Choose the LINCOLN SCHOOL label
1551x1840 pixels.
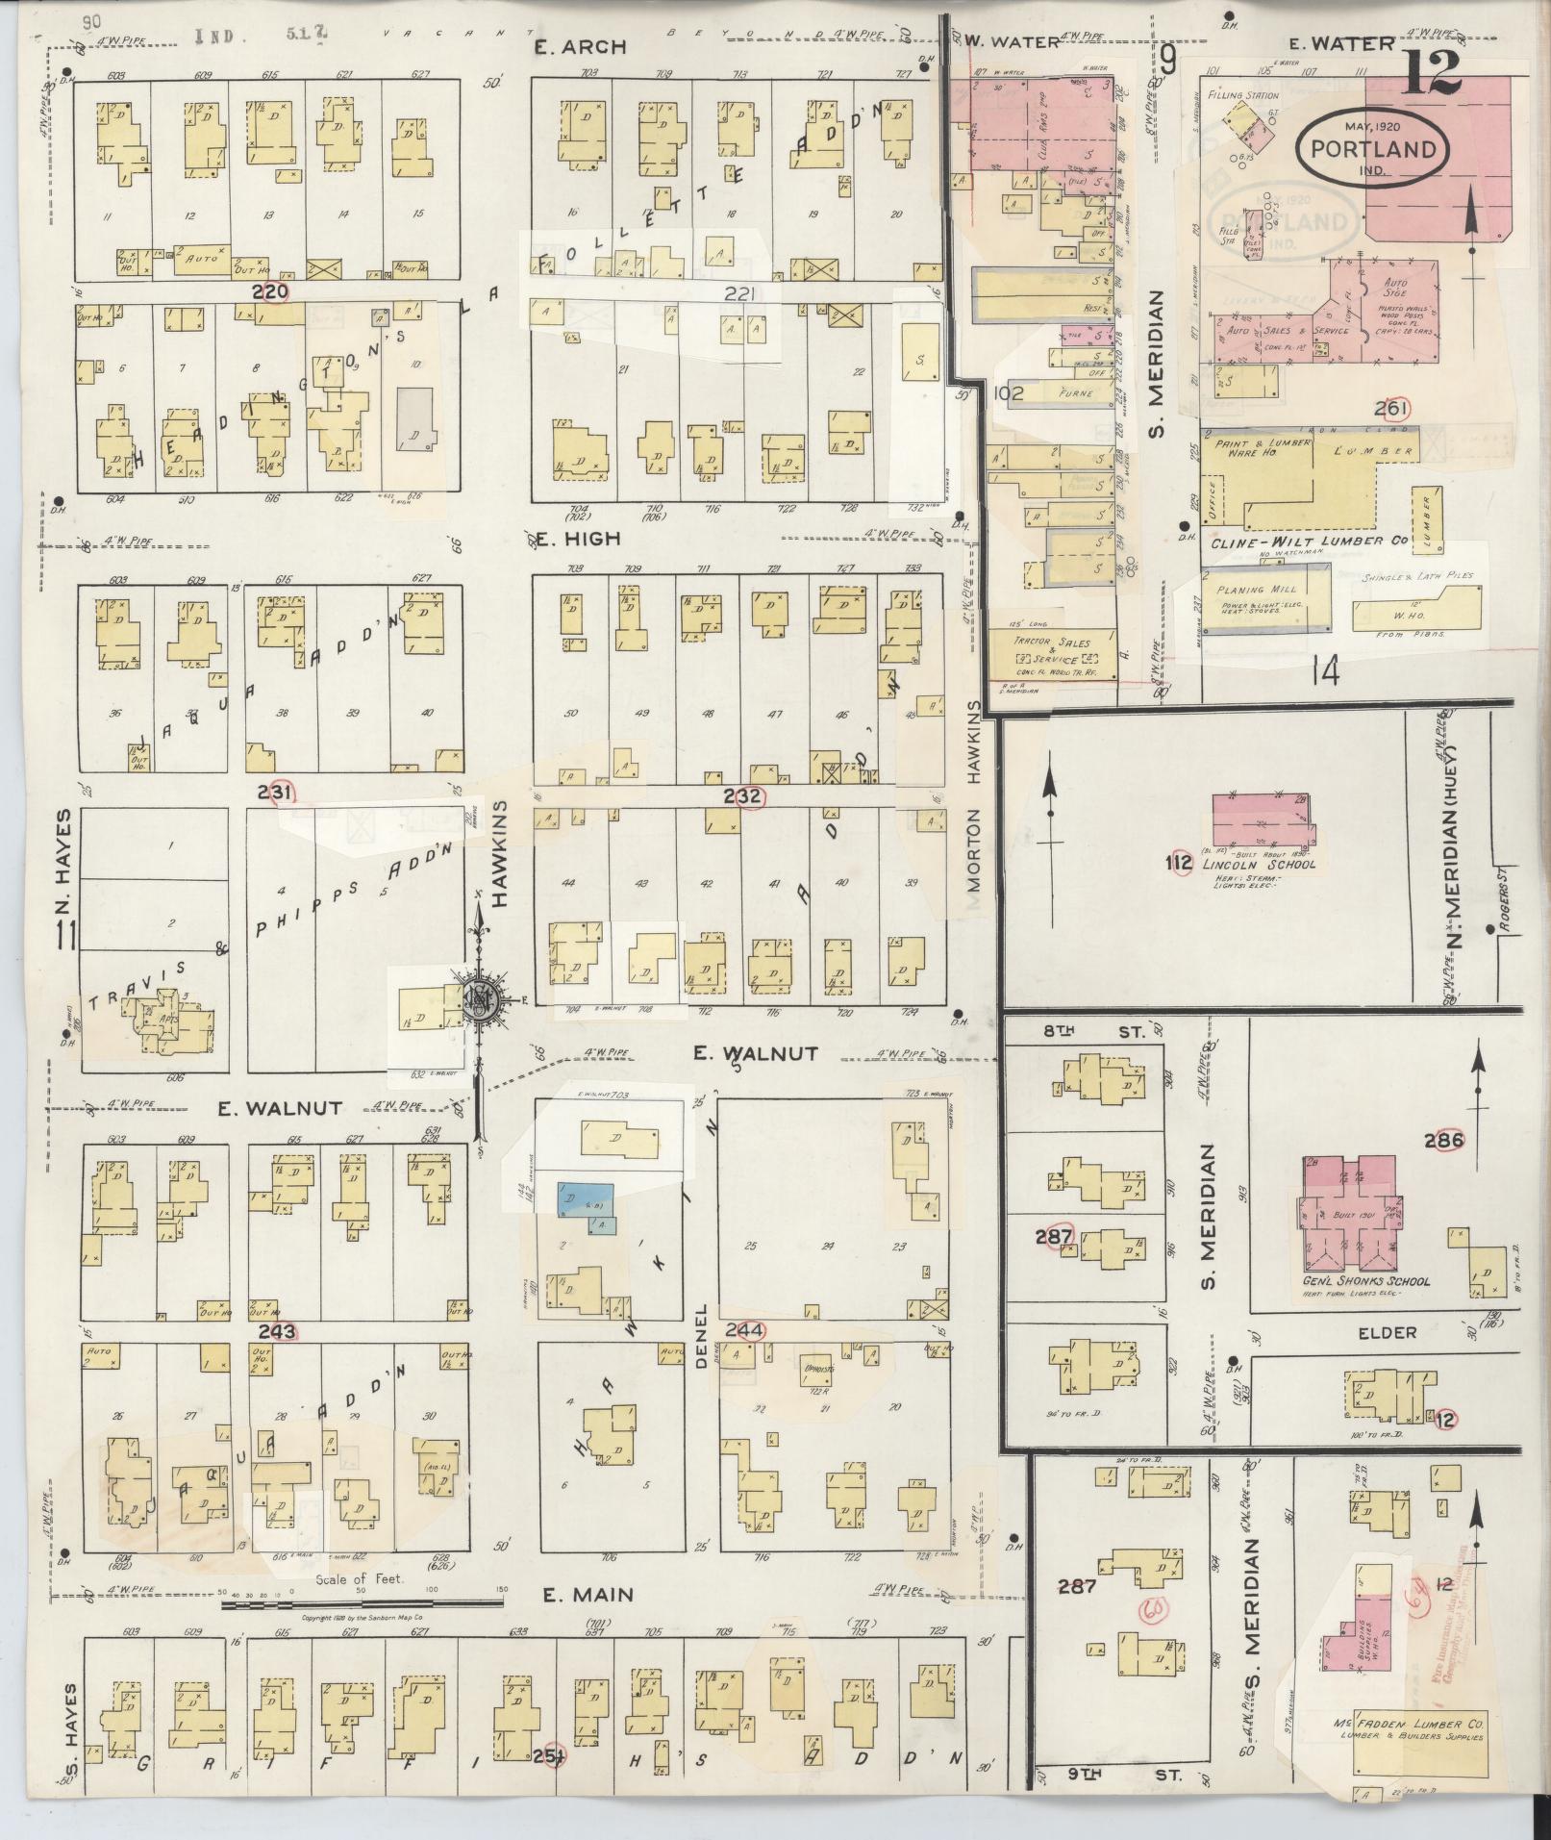point(1259,864)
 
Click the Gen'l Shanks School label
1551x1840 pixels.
point(1365,1280)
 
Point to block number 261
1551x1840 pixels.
point(1390,409)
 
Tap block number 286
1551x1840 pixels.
point(1444,1141)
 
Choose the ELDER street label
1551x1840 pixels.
point(1388,1332)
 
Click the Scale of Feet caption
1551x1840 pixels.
point(360,1579)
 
